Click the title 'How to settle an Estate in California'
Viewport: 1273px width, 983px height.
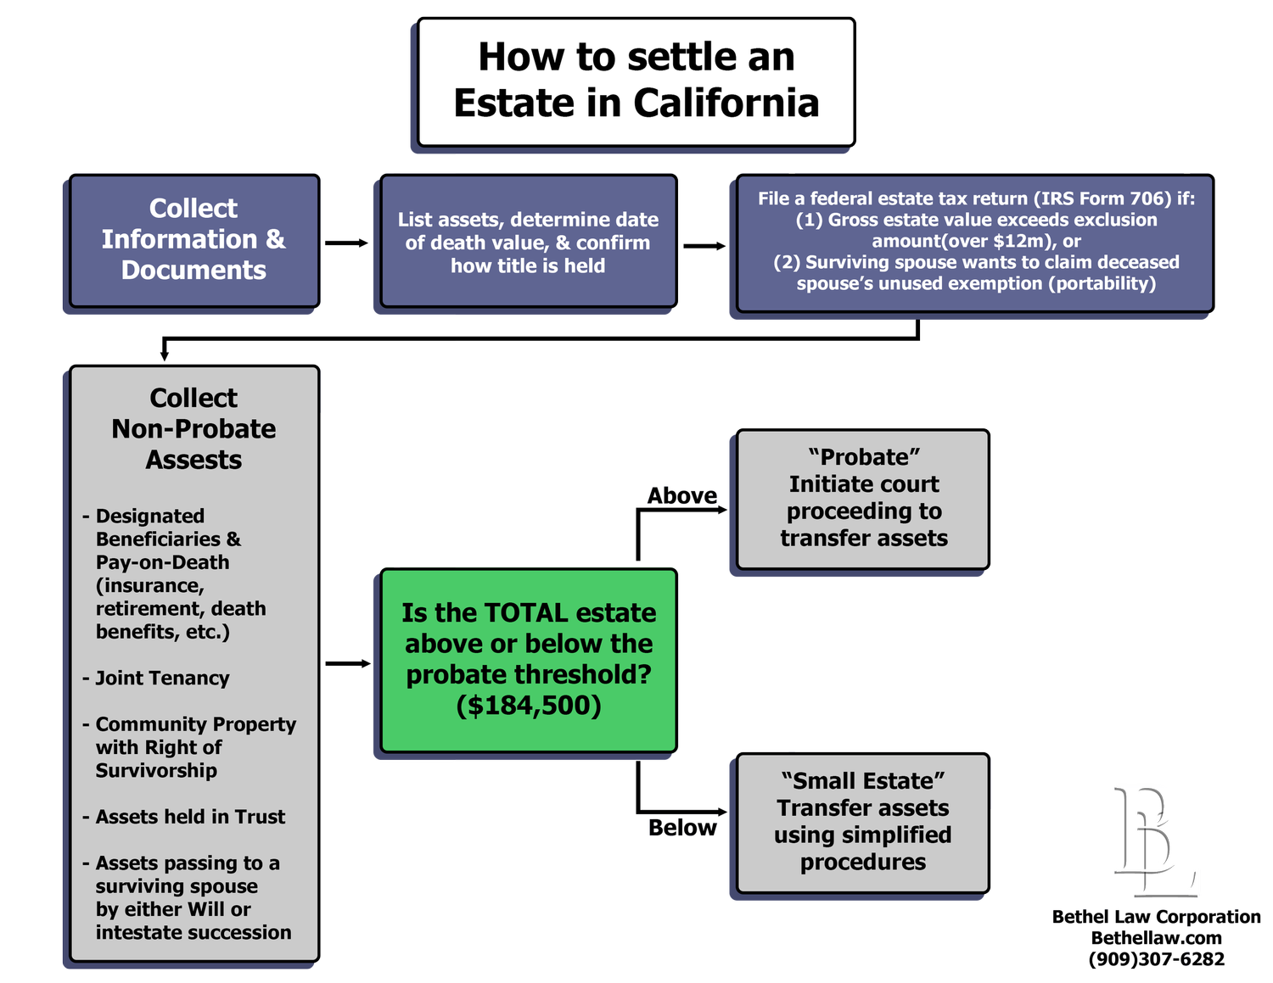coord(636,81)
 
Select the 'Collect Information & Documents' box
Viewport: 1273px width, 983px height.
coord(193,240)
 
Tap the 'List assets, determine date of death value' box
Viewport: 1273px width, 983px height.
coord(528,242)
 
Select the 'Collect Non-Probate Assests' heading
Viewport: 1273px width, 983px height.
coord(193,428)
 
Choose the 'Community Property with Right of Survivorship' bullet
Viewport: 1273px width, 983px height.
coord(194,747)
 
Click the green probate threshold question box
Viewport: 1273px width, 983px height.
coord(528,659)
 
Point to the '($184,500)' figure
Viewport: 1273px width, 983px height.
coord(528,705)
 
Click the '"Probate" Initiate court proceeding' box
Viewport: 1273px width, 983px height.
coord(863,498)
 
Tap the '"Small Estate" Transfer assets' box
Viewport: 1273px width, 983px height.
coord(863,822)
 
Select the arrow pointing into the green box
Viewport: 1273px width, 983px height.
coord(348,663)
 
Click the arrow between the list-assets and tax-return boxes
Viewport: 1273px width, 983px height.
coord(705,246)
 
